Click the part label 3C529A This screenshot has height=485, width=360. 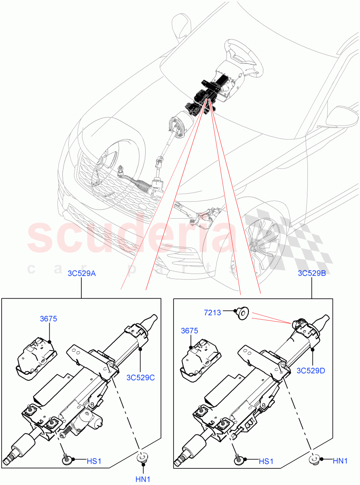(x=82, y=274)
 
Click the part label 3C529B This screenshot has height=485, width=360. (x=312, y=274)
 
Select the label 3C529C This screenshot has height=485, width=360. (x=140, y=378)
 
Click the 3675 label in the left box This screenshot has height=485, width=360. (x=49, y=319)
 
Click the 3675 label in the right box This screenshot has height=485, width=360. (x=189, y=331)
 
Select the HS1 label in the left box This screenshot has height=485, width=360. (x=94, y=461)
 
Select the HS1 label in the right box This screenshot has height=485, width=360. (x=266, y=461)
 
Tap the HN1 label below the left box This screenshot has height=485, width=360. (x=142, y=479)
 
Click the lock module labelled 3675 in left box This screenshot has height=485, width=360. (x=35, y=356)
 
